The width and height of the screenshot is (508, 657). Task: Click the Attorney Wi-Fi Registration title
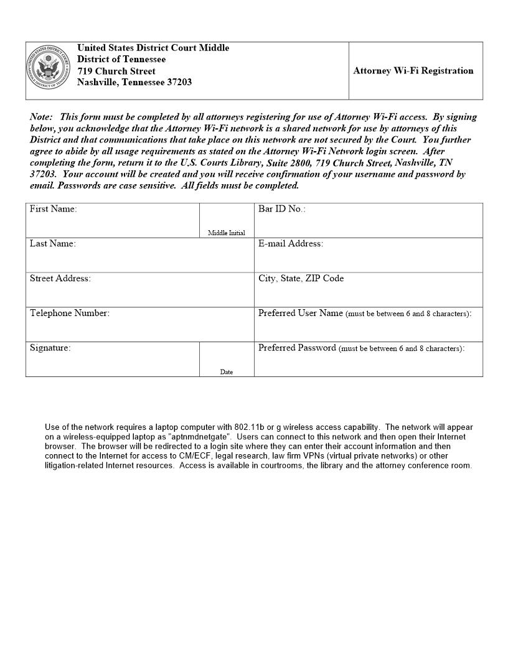[x=413, y=71]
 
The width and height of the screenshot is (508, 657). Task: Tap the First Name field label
[x=54, y=209]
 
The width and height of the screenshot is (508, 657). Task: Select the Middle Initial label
[x=227, y=233]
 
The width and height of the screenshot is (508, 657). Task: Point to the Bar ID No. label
[x=282, y=209]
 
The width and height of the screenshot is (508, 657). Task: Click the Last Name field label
[x=53, y=244]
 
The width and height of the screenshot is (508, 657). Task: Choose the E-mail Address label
[x=291, y=244]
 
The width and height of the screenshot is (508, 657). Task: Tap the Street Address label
[x=60, y=279]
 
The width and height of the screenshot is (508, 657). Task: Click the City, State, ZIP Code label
[x=301, y=279]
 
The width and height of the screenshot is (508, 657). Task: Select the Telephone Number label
[x=70, y=314]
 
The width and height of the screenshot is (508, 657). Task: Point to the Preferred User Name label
[x=301, y=314]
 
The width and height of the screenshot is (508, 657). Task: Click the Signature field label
[x=50, y=348]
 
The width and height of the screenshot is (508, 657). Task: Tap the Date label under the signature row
[x=227, y=372]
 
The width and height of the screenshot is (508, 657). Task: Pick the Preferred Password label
[x=298, y=348]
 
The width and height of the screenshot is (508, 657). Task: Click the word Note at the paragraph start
[x=41, y=117]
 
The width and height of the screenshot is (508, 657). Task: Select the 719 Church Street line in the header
[x=116, y=71]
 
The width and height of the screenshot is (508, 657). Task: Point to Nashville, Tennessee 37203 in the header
[x=134, y=83]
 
